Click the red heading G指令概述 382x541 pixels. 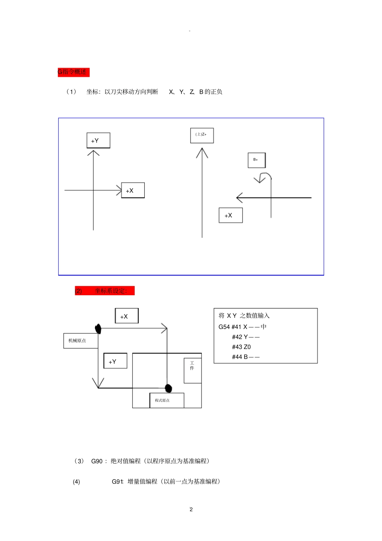pyautogui.click(x=73, y=72)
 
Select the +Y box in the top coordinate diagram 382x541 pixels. pyautogui.click(x=98, y=140)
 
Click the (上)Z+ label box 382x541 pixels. pyautogui.click(x=202, y=135)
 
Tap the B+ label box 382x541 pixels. pyautogui.click(x=257, y=160)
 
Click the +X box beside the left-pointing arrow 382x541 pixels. pyautogui.click(x=230, y=215)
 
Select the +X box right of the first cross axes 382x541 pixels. pyautogui.click(x=133, y=190)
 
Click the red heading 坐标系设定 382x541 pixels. pyautogui.click(x=105, y=291)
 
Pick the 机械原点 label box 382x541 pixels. pyautogui.click(x=80, y=341)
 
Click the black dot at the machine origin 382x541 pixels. pyautogui.click(x=98, y=329)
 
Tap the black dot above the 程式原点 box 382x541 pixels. pyautogui.click(x=168, y=388)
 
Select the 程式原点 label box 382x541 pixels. pyautogui.click(x=166, y=400)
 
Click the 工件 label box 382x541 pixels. pyautogui.click(x=193, y=370)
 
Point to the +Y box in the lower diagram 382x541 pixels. pyautogui.click(x=115, y=361)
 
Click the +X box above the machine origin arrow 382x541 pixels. pyautogui.click(x=127, y=316)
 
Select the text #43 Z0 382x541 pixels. pyautogui.click(x=241, y=347)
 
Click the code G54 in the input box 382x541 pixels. pyautogui.click(x=224, y=327)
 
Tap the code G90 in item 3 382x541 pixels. pyautogui.click(x=97, y=461)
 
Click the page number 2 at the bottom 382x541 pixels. pyautogui.click(x=191, y=509)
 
